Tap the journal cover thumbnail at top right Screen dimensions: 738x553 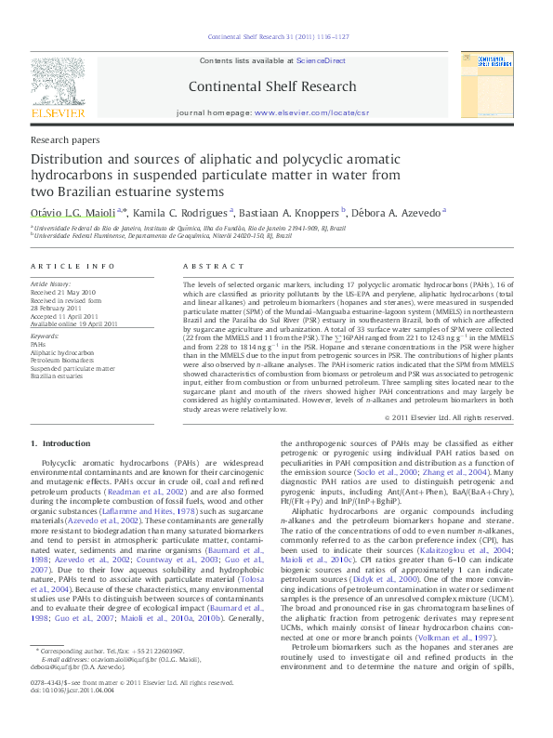(485, 85)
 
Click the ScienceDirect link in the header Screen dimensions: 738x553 (321, 60)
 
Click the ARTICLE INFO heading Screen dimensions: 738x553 (64, 267)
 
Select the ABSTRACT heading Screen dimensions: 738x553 (206, 267)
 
